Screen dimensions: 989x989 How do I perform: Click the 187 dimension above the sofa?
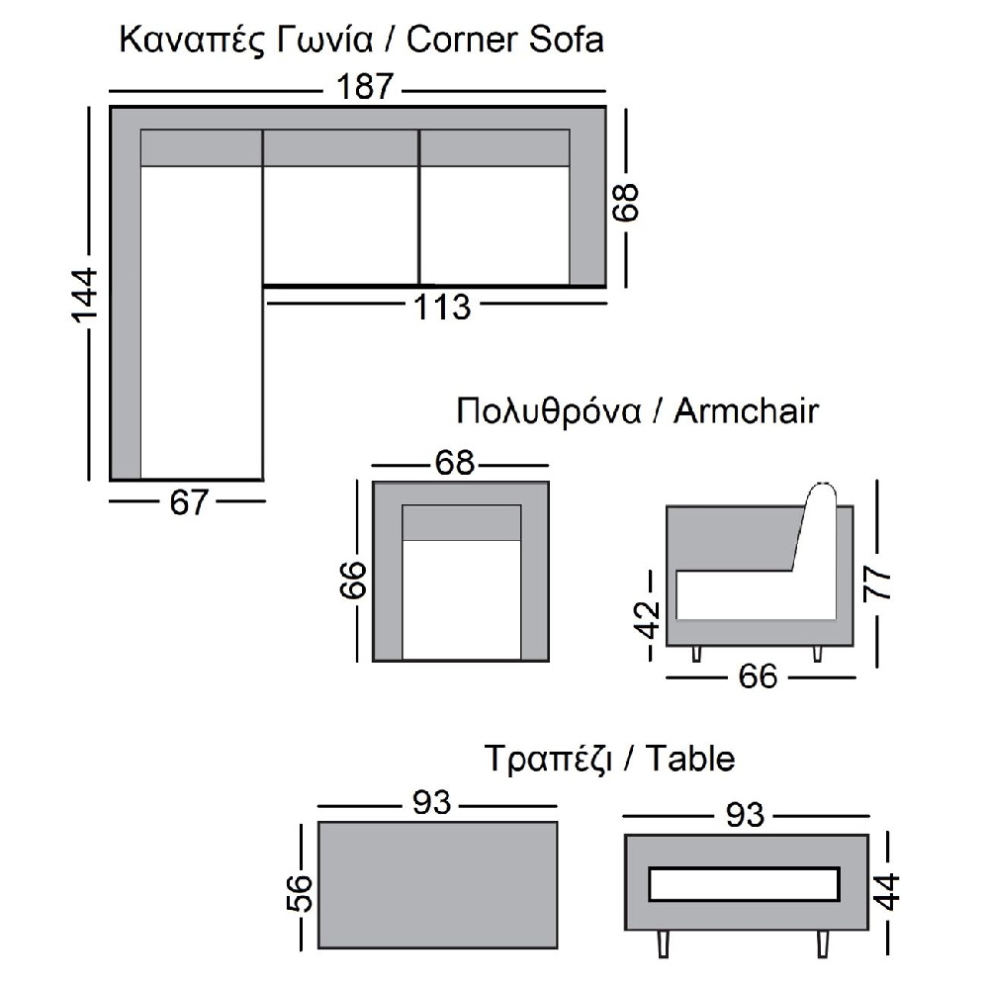pyautogui.click(x=365, y=86)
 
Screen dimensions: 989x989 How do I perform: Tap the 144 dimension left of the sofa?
pyautogui.click(x=84, y=295)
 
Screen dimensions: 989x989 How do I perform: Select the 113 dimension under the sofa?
pyautogui.click(x=442, y=308)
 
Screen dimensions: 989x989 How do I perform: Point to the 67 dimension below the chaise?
pyautogui.click(x=188, y=502)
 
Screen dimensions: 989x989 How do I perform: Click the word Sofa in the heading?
pyautogui.click(x=566, y=40)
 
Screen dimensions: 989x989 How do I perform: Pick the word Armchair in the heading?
pyautogui.click(x=746, y=411)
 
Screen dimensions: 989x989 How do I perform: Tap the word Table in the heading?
pyautogui.click(x=690, y=759)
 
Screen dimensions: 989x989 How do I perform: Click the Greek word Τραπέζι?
pyautogui.click(x=549, y=760)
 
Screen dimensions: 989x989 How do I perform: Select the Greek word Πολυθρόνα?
pyautogui.click(x=549, y=411)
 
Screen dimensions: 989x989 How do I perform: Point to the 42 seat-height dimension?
pyautogui.click(x=649, y=621)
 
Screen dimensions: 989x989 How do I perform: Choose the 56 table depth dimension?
pyautogui.click(x=301, y=892)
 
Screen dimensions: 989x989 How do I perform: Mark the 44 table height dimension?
pyautogui.click(x=889, y=891)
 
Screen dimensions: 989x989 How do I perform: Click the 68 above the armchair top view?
pyautogui.click(x=454, y=463)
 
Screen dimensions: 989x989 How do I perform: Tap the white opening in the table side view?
pyautogui.click(x=745, y=884)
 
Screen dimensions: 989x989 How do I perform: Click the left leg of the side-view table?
pyautogui.click(x=663, y=943)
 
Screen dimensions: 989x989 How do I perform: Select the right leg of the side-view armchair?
pyautogui.click(x=818, y=654)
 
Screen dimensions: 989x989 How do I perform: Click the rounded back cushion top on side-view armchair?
pyautogui.click(x=823, y=494)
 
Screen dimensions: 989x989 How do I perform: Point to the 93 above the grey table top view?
pyautogui.click(x=431, y=802)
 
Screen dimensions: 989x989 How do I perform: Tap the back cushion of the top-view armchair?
pyautogui.click(x=462, y=523)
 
